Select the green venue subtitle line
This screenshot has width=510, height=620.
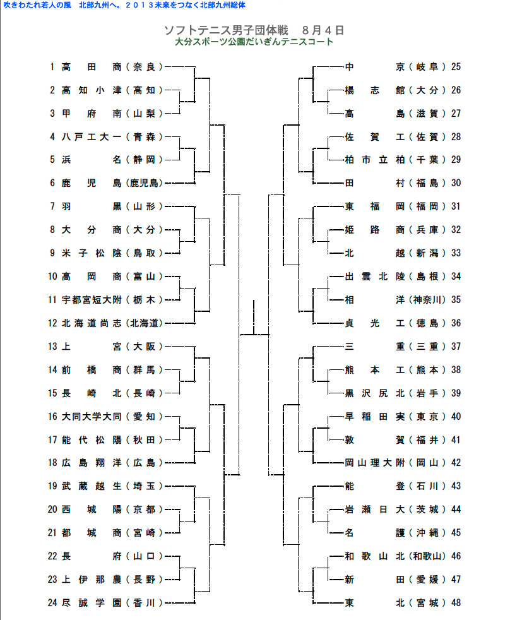point(254,42)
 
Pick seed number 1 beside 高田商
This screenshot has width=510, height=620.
point(53,66)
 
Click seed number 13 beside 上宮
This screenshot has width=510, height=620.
point(53,346)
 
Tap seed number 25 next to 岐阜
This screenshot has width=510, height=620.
point(456,66)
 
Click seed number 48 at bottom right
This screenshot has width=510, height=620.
point(456,602)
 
